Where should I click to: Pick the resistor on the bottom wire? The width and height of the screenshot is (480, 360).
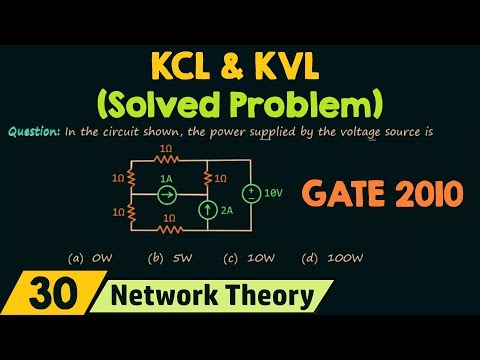pyautogui.click(x=167, y=227)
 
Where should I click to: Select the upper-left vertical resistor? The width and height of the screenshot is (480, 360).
pyautogui.click(x=131, y=177)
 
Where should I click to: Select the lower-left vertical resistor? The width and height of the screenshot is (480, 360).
pyautogui.click(x=131, y=211)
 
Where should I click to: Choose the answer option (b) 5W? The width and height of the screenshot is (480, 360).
pyautogui.click(x=163, y=258)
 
